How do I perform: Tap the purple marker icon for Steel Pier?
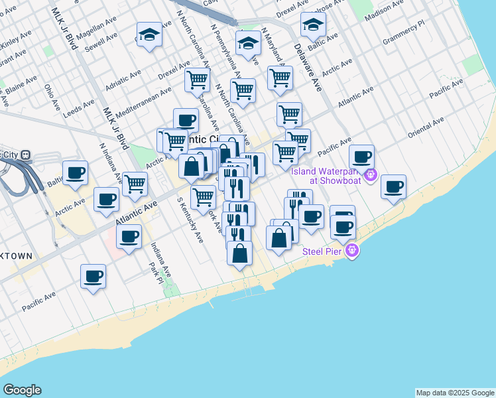(352, 251)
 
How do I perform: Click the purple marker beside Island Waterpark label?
(371, 175)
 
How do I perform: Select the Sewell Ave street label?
(101, 39)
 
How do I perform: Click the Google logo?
(22, 390)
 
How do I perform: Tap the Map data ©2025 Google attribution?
(455, 393)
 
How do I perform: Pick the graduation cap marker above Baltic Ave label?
(313, 25)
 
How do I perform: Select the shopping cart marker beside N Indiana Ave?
(135, 182)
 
